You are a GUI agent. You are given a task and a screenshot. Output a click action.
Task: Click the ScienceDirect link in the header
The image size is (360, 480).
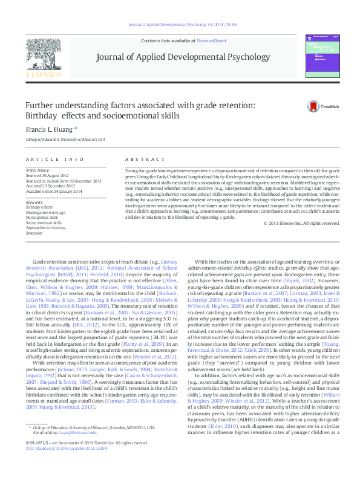tap(209, 40)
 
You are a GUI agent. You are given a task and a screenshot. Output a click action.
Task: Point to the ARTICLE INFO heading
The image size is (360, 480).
tap(55, 159)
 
